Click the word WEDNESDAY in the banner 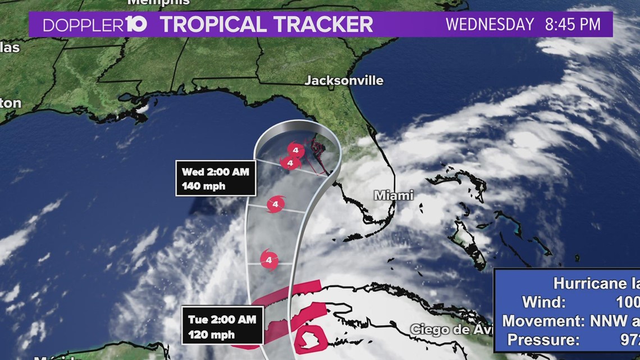tap(490, 25)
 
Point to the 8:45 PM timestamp tap(573, 25)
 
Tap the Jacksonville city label tap(344, 81)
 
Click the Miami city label tap(394, 195)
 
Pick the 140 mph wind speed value tap(203, 186)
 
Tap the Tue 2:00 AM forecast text tap(222, 320)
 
